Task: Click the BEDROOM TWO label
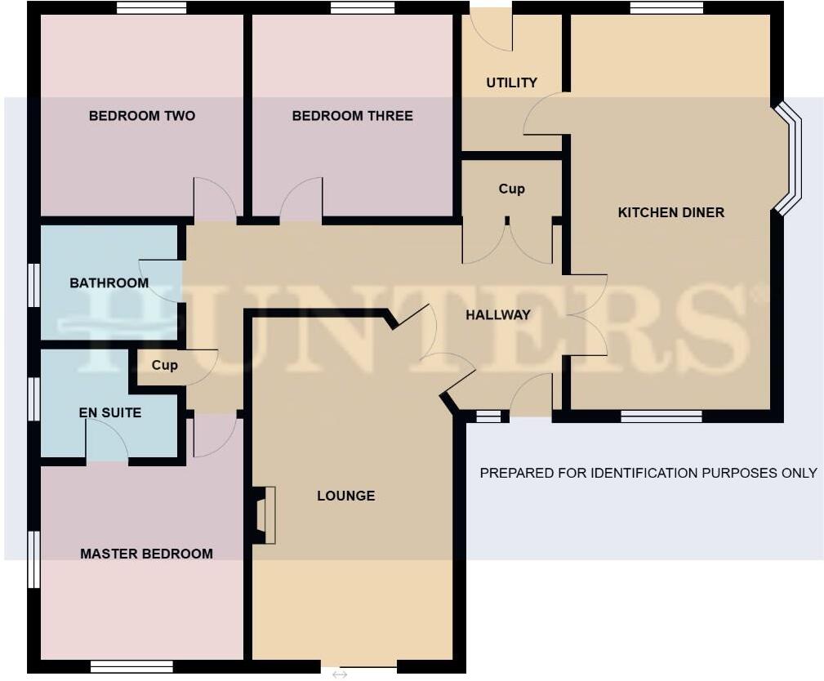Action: [x=142, y=116]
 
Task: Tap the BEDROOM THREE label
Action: [x=352, y=116]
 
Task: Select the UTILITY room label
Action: [x=511, y=82]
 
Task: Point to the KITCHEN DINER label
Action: [x=670, y=212]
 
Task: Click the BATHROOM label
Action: [x=109, y=283]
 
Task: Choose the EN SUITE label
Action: [x=109, y=413]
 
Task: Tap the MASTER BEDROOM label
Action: [x=146, y=554]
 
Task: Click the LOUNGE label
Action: [x=345, y=496]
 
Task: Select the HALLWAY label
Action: [x=498, y=314]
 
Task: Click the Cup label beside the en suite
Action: [x=164, y=365]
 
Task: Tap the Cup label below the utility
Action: [x=511, y=189]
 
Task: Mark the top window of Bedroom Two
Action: [x=151, y=8]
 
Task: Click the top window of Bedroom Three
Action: [x=363, y=8]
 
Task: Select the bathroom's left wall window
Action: [x=33, y=284]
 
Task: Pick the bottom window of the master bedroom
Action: [x=131, y=666]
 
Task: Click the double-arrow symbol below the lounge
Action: [x=340, y=674]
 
